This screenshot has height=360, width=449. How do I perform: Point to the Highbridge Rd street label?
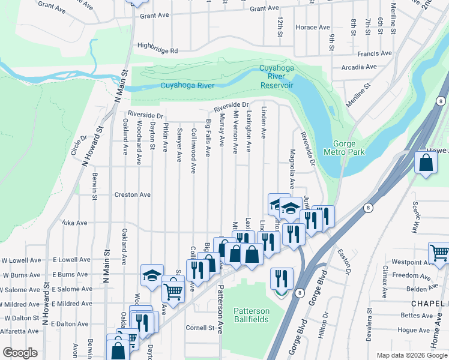(158, 51)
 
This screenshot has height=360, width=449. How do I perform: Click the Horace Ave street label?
(313, 28)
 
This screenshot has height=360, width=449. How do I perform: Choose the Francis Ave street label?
(374, 53)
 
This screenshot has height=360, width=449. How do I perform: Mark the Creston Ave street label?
(133, 195)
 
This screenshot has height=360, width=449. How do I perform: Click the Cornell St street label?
(200, 328)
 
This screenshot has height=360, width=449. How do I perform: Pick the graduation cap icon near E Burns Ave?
(151, 275)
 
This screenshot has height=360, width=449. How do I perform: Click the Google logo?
(20, 353)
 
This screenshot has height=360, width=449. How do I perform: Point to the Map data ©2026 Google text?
(412, 355)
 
